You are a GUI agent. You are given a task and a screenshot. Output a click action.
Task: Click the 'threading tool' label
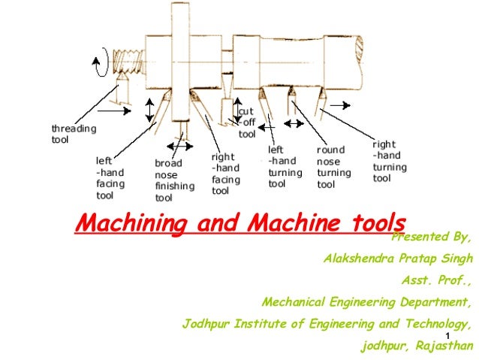coord(74,134)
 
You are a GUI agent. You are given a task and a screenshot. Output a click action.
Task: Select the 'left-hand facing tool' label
coord(110,177)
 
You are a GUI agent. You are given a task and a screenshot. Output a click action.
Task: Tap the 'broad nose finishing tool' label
coord(174,180)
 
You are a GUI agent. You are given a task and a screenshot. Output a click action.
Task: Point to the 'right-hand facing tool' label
coord(226,174)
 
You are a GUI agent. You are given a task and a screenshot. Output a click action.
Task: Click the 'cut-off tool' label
coord(247,123)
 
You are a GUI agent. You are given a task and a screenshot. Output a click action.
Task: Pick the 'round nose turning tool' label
coord(333,167)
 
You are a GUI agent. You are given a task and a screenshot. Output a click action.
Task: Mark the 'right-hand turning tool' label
coord(390,161)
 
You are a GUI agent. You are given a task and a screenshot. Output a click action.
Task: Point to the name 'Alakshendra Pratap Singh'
coord(398,259)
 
